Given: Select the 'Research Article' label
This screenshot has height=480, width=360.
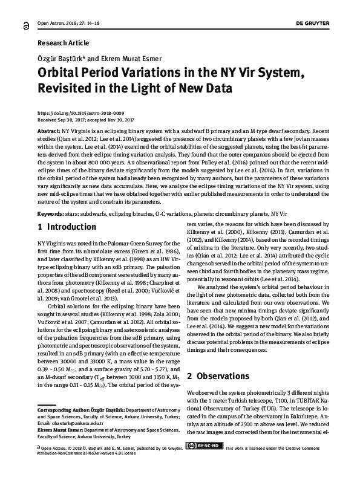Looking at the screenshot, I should click(x=63, y=43).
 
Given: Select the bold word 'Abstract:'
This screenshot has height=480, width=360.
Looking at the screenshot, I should click(x=49, y=131).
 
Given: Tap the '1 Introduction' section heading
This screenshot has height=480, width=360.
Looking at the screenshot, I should click(x=67, y=227).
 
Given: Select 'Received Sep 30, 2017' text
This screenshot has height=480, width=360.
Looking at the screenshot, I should click(x=63, y=120).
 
